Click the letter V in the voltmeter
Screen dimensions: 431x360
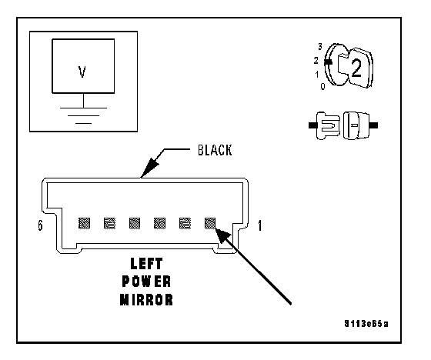(82, 72)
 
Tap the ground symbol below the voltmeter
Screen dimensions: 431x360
(84, 115)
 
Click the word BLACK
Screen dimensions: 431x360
(215, 150)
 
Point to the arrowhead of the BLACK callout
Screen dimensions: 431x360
(149, 168)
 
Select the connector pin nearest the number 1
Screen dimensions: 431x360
(210, 223)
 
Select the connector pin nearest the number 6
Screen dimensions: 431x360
(84, 223)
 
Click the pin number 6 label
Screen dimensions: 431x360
(40, 225)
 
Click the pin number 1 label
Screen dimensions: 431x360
(260, 225)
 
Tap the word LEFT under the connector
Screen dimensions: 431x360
(146, 264)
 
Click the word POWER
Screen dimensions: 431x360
(146, 282)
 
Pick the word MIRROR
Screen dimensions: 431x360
(146, 299)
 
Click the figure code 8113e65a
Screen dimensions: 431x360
(366, 324)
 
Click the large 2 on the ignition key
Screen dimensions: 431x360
(356, 68)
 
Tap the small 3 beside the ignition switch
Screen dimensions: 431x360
(320, 47)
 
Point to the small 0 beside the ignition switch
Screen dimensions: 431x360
(322, 86)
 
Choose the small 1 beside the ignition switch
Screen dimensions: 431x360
(317, 74)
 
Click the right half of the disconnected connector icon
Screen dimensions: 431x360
(360, 125)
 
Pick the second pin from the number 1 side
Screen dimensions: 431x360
(185, 223)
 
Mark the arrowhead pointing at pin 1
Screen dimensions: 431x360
(223, 235)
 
